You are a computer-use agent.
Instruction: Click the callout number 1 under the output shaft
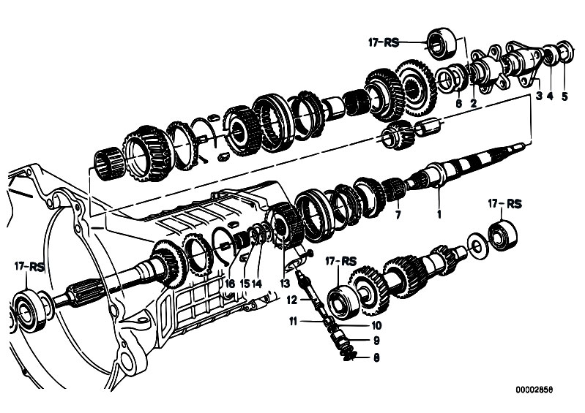tap(439, 215)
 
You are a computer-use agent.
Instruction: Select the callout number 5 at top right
tap(564, 95)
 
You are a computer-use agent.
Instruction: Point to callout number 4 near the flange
tap(550, 95)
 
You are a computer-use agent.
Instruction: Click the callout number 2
tap(474, 103)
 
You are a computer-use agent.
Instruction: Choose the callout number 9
tap(376, 340)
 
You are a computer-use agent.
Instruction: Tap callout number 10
tap(376, 325)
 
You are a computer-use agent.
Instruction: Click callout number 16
tap(229, 282)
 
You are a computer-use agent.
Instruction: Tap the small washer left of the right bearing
tap(477, 245)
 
